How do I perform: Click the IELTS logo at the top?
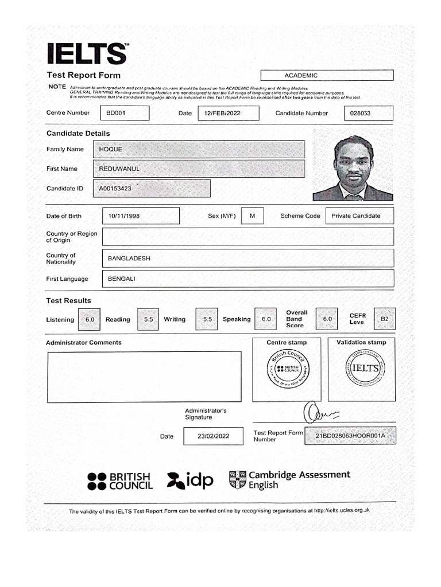pyautogui.click(x=87, y=54)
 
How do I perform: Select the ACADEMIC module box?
pyautogui.click(x=327, y=76)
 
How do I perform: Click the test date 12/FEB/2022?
pyautogui.click(x=222, y=114)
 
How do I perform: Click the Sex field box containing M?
pyautogui.click(x=252, y=216)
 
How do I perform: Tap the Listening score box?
pyautogui.click(x=90, y=319)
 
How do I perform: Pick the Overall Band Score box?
pyautogui.click(x=327, y=319)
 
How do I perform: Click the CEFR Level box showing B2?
pyautogui.click(x=384, y=319)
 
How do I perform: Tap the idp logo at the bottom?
pyautogui.click(x=190, y=480)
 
